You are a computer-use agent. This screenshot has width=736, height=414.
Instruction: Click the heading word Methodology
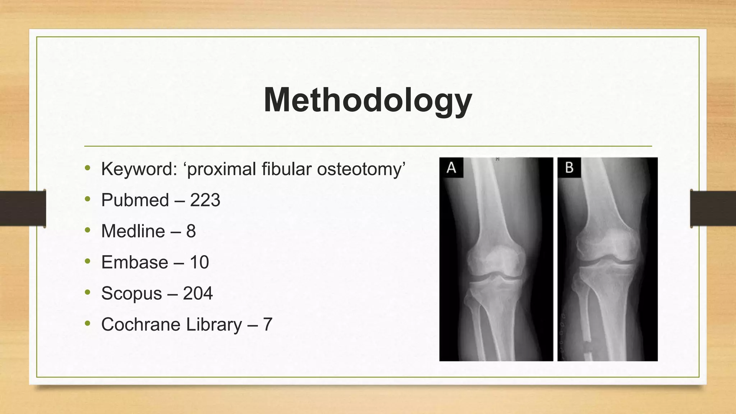368,100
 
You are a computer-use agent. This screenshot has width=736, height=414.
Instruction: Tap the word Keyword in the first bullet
139,169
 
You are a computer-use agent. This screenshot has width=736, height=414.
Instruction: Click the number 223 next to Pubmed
205,200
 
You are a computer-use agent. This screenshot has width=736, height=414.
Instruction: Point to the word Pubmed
135,200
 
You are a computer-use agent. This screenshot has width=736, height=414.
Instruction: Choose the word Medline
133,231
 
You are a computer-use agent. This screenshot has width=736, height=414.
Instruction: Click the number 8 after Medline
191,231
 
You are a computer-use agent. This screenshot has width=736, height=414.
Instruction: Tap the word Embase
134,262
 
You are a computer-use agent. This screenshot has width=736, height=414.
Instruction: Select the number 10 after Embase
199,262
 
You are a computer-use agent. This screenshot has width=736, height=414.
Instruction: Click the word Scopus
131,294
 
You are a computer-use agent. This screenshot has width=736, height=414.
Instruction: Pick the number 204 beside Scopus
198,294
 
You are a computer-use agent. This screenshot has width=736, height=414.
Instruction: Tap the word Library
214,325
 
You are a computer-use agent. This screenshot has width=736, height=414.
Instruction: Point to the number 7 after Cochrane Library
267,325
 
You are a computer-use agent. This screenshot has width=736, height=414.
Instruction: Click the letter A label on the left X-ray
451,168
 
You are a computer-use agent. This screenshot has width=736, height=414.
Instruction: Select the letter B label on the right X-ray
569,168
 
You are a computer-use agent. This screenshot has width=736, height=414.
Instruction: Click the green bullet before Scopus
88,293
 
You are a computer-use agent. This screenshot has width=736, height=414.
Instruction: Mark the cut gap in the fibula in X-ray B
587,347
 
